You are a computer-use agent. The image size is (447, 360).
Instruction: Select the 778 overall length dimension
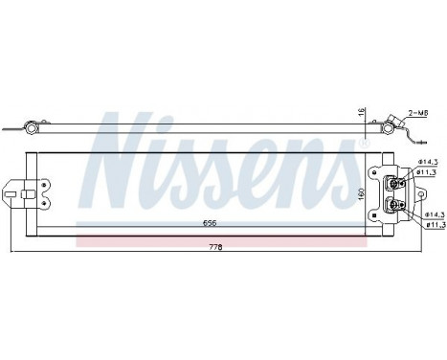(215, 247)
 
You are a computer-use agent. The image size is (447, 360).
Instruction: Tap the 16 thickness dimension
(362, 112)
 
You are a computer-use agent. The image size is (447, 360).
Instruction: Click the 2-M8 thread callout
(418, 113)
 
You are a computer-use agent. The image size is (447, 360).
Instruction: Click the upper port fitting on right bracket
(392, 183)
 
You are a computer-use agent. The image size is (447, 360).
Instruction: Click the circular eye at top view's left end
(31, 127)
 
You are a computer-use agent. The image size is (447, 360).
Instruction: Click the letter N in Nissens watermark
(129, 144)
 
